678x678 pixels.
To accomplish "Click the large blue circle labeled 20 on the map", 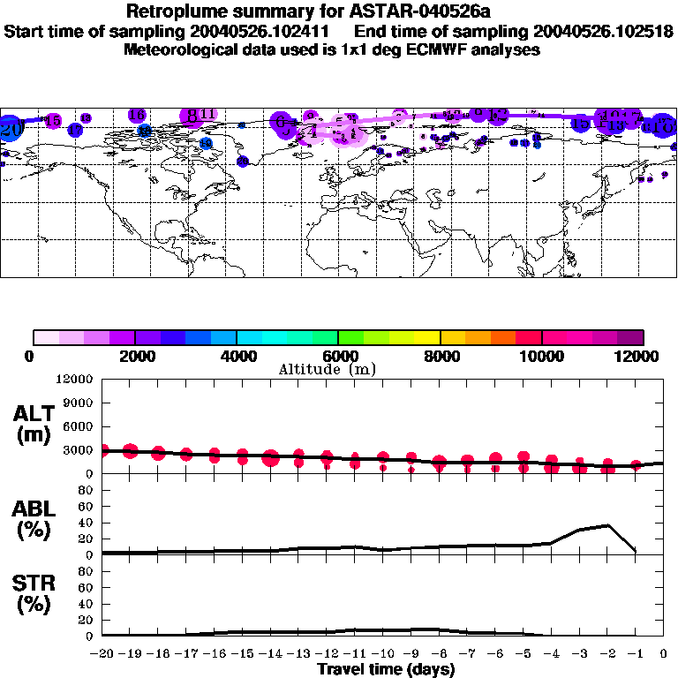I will [x=11, y=128].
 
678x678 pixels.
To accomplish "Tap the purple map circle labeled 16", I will [x=137, y=115].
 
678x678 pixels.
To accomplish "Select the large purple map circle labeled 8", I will [x=191, y=116].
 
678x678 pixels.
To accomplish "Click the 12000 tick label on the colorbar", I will [x=638, y=356].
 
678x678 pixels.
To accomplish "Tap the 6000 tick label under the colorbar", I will [x=338, y=356].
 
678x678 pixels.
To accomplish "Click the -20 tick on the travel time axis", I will [x=102, y=653].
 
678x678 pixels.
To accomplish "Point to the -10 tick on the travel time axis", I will [x=383, y=653].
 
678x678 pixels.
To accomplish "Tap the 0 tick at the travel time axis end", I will [x=664, y=653].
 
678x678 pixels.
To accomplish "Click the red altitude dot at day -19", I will [x=131, y=451].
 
